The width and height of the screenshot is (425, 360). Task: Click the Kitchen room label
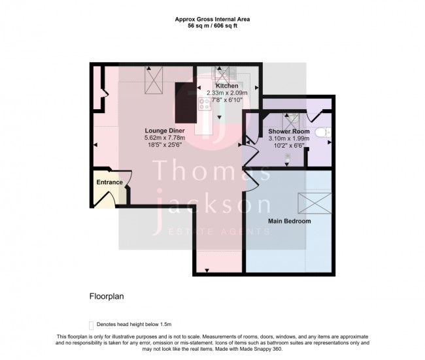click(227, 86)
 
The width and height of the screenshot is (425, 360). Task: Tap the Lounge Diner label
click(165, 131)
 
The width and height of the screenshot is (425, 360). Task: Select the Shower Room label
click(289, 131)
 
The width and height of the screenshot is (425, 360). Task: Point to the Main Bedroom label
click(290, 221)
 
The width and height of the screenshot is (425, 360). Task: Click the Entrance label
click(109, 182)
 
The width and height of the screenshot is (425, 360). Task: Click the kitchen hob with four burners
click(205, 104)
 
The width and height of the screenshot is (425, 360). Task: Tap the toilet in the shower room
click(323, 133)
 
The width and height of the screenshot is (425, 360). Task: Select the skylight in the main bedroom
click(314, 203)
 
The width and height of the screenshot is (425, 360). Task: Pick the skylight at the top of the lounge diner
click(154, 80)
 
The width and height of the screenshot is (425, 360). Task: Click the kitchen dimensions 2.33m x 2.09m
click(227, 93)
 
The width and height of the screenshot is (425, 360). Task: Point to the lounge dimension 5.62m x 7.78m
click(165, 138)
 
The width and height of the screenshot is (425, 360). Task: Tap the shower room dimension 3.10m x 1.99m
click(289, 139)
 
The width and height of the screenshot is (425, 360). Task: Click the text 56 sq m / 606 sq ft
click(212, 26)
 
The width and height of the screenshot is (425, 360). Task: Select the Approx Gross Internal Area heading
click(212, 19)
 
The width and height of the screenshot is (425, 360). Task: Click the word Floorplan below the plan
click(107, 297)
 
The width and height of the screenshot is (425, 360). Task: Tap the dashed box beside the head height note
click(92, 325)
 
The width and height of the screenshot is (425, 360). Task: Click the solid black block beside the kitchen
click(186, 103)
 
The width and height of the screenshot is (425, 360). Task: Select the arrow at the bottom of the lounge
click(207, 270)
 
